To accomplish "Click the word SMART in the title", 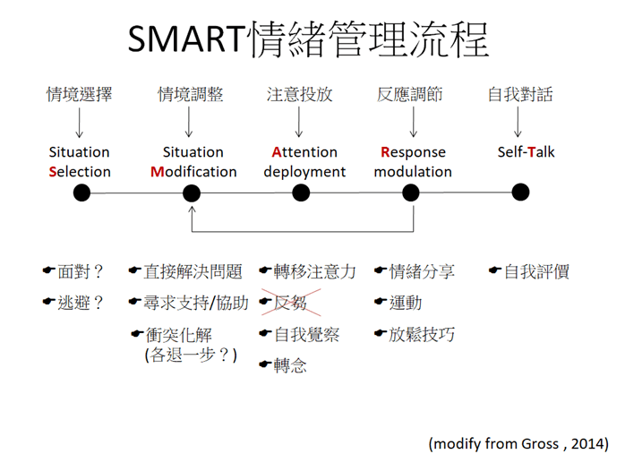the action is click(186, 39).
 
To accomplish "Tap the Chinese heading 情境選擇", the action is click(80, 94).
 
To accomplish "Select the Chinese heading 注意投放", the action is click(300, 94).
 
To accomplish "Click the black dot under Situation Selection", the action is click(81, 193).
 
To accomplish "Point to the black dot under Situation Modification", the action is click(192, 193).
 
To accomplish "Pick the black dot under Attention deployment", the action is click(301, 193).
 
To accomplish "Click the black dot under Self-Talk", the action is click(520, 192).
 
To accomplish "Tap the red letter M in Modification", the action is click(157, 172).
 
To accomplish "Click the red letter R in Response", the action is click(385, 152).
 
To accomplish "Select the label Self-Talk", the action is click(527, 152).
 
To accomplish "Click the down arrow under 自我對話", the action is click(518, 123).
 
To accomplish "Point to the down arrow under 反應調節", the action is click(414, 123).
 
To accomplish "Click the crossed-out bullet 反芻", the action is click(291, 303).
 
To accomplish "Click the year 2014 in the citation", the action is click(587, 443).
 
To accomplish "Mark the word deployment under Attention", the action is click(304, 172).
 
